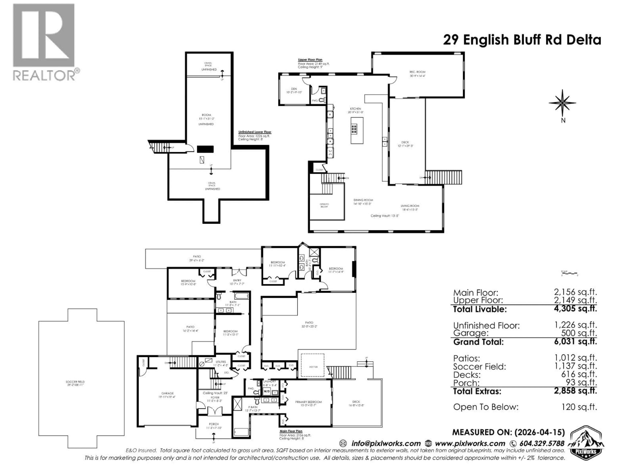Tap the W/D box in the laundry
coord(266,391)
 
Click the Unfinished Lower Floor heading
coord(255,132)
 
